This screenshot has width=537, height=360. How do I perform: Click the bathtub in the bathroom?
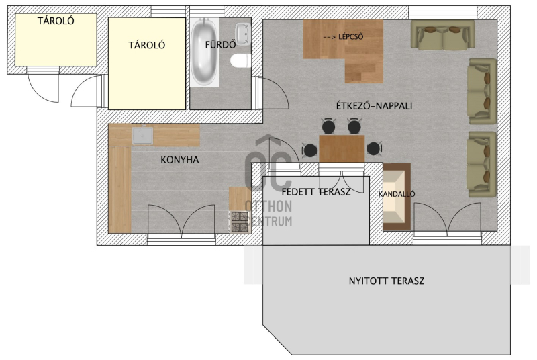(205, 52)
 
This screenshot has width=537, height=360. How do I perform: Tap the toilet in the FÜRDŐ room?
(239, 61)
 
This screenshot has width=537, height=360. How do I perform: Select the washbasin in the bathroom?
(243, 34)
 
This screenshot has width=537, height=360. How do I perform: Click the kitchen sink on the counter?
(143, 134)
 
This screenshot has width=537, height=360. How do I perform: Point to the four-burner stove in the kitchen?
(239, 222)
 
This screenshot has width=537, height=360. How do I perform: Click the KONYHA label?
(180, 160)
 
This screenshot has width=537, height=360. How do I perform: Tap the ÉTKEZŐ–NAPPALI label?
(374, 106)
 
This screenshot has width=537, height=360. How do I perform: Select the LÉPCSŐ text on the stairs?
(350, 37)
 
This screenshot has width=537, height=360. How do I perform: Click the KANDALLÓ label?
(397, 194)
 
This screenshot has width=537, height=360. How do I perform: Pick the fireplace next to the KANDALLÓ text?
(397, 197)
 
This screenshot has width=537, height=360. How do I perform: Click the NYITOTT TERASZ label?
(387, 281)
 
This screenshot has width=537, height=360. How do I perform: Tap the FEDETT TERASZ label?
(316, 192)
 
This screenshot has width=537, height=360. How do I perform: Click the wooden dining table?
(342, 148)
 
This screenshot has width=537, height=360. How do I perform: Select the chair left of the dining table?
(310, 150)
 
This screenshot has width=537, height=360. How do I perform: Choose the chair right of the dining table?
(374, 148)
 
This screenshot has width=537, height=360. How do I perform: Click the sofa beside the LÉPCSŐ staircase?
(443, 36)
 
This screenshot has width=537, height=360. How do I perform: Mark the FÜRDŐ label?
(221, 45)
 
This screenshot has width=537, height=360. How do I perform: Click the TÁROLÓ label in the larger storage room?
(147, 45)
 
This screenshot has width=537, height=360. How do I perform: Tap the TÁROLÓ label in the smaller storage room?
(56, 21)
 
